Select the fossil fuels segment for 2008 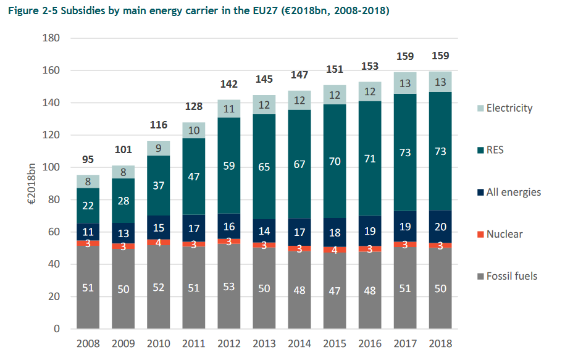pyautogui.click(x=88, y=287)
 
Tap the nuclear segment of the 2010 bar pyautogui.click(x=159, y=243)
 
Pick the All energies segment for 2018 pyautogui.click(x=440, y=227)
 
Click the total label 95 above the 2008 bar pyautogui.click(x=88, y=160)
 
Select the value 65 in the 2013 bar pyautogui.click(x=264, y=166)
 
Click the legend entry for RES pyautogui.click(x=495, y=150)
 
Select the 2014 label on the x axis pyautogui.click(x=299, y=343)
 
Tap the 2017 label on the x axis pyautogui.click(x=404, y=343)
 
